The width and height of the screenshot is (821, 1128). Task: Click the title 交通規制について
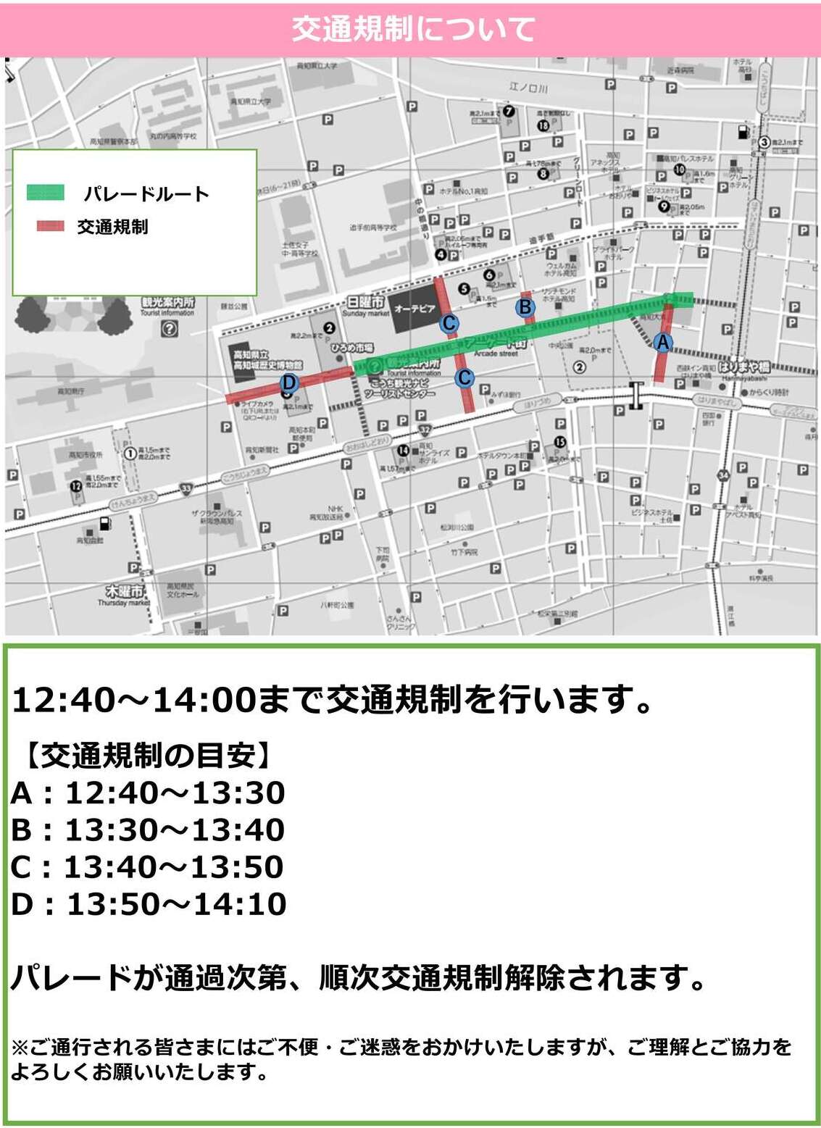click(x=413, y=30)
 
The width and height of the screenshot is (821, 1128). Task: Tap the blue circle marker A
click(x=662, y=343)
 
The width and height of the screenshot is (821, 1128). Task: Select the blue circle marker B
click(x=525, y=308)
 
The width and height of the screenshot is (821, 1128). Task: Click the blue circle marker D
click(x=288, y=383)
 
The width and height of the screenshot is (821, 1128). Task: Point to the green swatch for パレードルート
click(x=46, y=193)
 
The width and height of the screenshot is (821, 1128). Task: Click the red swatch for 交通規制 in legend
click(x=50, y=226)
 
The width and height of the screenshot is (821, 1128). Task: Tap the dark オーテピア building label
click(x=414, y=310)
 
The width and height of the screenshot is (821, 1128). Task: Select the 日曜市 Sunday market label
click(x=366, y=304)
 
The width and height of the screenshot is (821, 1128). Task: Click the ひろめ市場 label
click(x=351, y=348)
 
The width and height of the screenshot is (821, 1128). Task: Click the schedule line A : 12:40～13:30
click(x=148, y=793)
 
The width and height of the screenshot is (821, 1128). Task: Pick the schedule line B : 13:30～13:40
click(x=148, y=830)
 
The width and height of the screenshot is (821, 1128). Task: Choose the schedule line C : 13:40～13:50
click(x=148, y=867)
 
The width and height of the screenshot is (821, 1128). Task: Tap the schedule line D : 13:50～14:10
click(x=148, y=904)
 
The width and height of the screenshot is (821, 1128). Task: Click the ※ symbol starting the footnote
click(x=20, y=1047)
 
